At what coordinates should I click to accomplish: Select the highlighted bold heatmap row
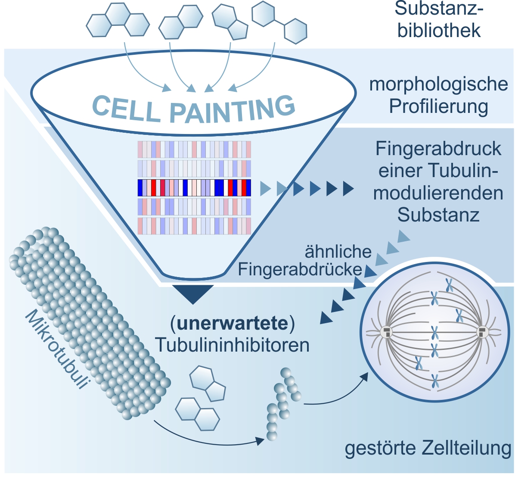pyautogui.click(x=194, y=188)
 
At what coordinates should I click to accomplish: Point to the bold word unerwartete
pyautogui.click(x=233, y=324)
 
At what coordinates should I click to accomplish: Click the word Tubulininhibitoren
pyautogui.click(x=233, y=345)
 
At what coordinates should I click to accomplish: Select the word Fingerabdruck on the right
pyautogui.click(x=438, y=149)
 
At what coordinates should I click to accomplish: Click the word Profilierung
pyautogui.click(x=438, y=106)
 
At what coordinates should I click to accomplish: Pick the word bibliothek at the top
pyautogui.click(x=439, y=31)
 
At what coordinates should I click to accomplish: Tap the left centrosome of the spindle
pyautogui.click(x=386, y=333)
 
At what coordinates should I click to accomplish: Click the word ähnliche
pyautogui.click(x=338, y=252)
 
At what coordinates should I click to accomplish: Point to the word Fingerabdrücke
pyautogui.click(x=300, y=270)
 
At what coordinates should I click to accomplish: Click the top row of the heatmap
pyautogui.click(x=194, y=150)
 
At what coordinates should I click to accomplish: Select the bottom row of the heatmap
pyautogui.click(x=194, y=226)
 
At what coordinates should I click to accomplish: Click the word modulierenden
pyautogui.click(x=438, y=193)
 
